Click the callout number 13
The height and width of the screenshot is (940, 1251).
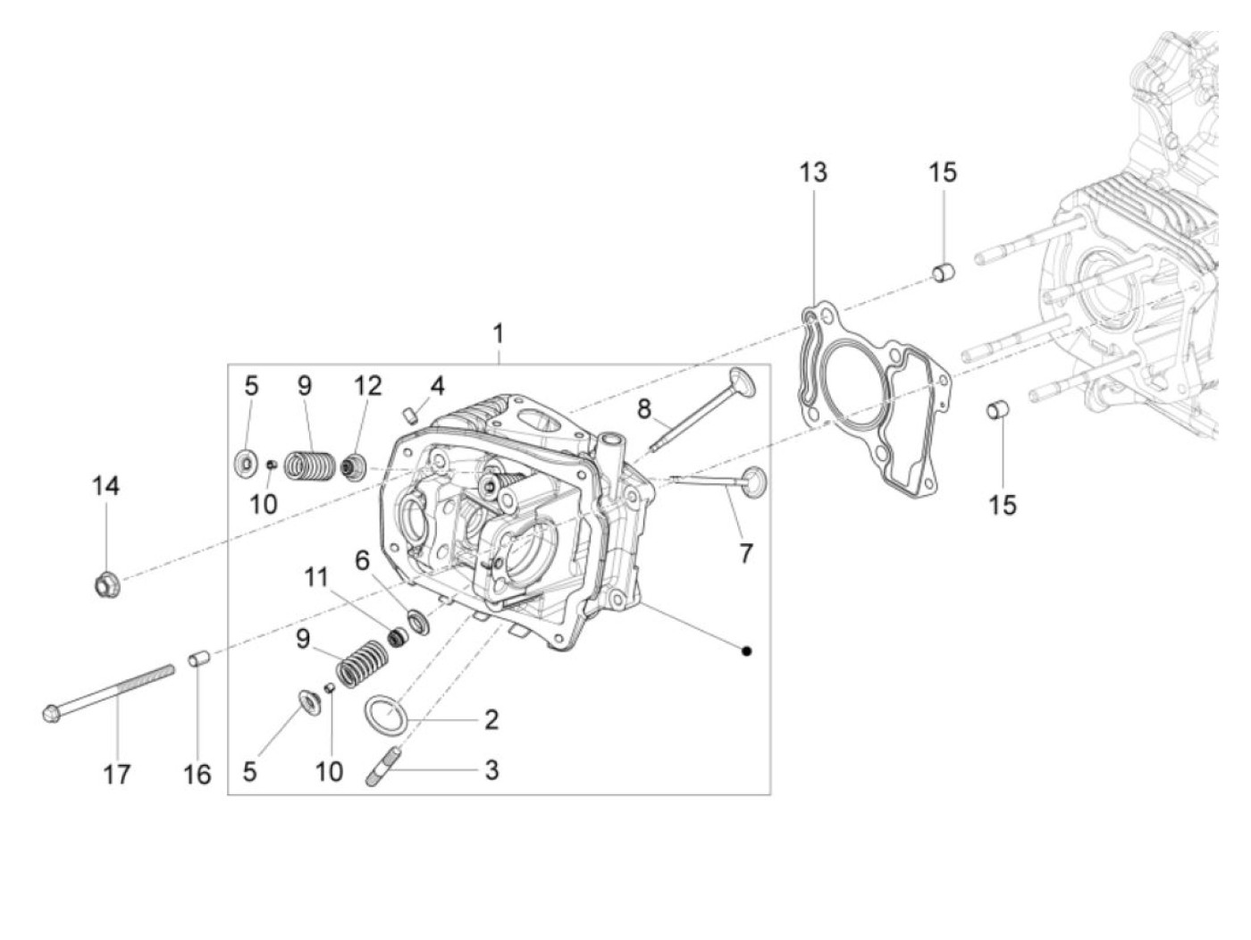pos(813,172)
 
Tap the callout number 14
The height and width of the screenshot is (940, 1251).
pos(105,487)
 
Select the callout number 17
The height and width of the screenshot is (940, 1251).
pos(116,774)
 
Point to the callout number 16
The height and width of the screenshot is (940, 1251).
pos(197,774)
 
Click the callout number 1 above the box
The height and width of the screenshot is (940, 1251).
pos(499,334)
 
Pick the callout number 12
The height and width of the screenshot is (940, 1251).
pos(367,386)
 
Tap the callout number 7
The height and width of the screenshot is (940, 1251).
pos(745,553)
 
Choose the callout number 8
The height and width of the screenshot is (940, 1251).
pos(645,409)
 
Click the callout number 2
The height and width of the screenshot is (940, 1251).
pos(491,719)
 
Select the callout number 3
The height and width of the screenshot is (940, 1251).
pos(491,769)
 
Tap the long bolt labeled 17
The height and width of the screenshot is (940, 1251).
pos(107,692)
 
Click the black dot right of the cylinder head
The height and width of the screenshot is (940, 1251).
pos(747,650)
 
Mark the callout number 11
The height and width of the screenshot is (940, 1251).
pos(316,577)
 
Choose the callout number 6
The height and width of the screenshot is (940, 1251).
pos(362,560)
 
